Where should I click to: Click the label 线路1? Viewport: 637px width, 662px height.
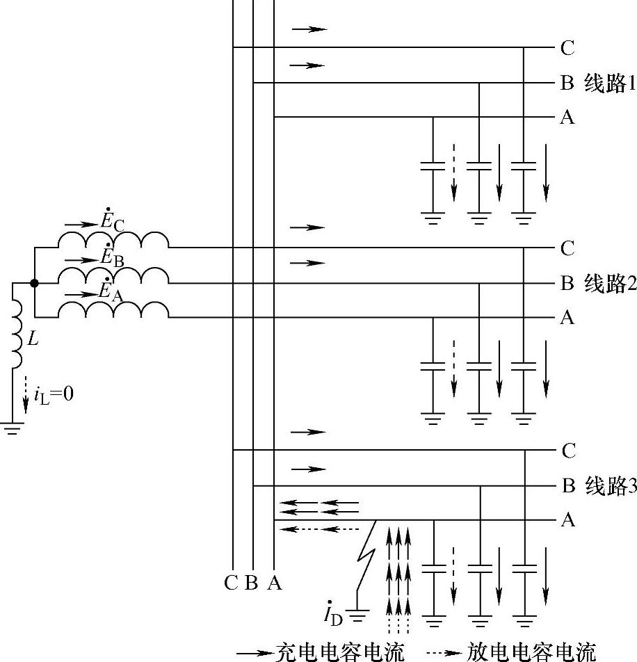click(x=609, y=84)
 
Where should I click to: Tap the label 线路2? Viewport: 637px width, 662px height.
click(x=609, y=284)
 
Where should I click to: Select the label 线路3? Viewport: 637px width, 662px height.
click(x=610, y=486)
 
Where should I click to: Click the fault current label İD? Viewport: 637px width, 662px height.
click(x=333, y=614)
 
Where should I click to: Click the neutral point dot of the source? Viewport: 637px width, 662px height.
click(x=34, y=283)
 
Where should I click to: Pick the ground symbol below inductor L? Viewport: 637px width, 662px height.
click(x=12, y=428)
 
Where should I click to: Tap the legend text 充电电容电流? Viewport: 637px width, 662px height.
click(x=339, y=652)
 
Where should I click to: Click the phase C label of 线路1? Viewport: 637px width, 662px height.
click(x=567, y=49)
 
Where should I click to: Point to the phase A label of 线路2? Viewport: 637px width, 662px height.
click(x=567, y=318)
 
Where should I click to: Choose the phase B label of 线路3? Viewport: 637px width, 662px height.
click(x=567, y=486)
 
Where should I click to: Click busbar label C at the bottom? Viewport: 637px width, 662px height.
click(x=232, y=583)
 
